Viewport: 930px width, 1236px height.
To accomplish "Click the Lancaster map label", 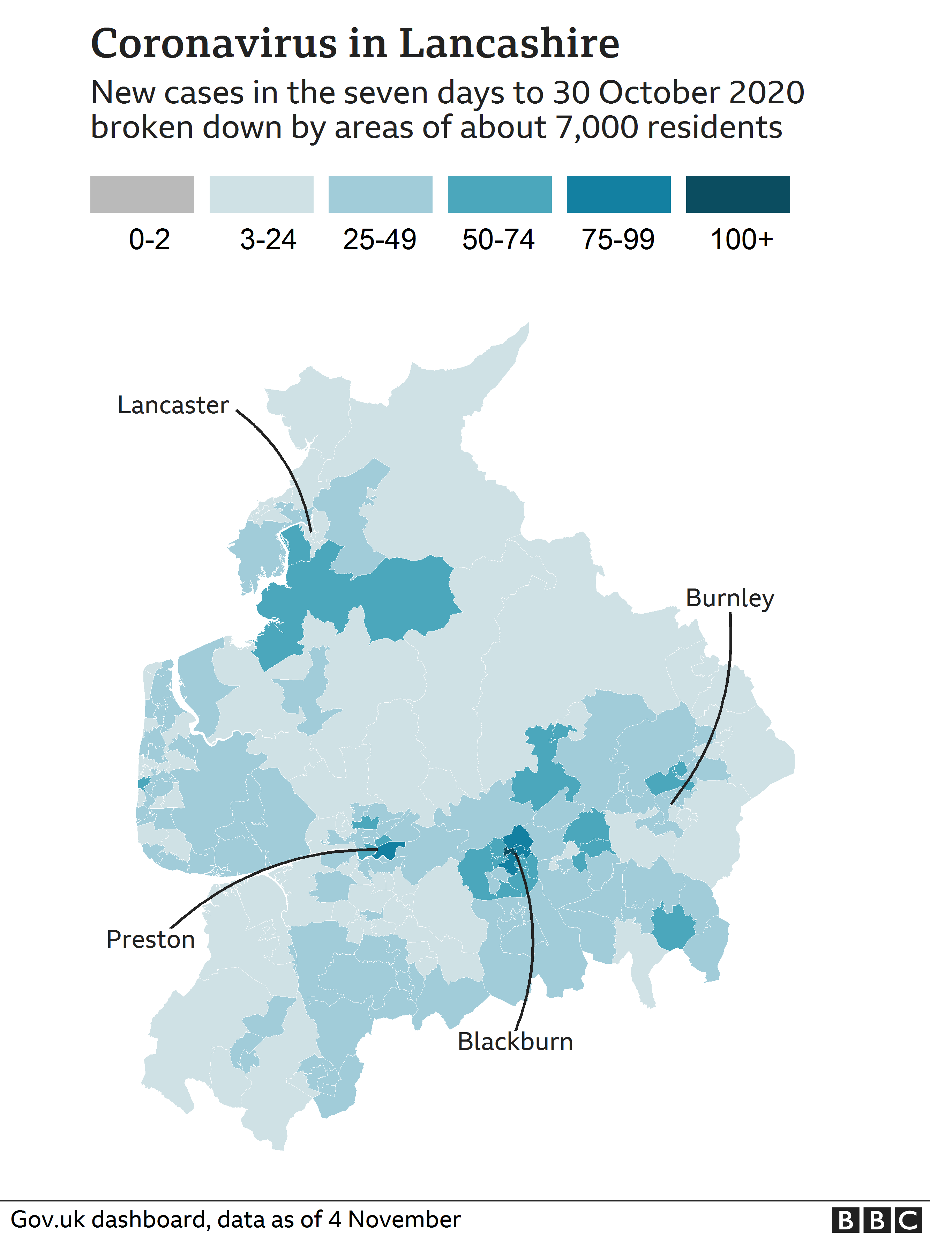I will [173, 406].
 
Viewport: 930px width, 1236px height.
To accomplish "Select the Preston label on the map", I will [150, 940].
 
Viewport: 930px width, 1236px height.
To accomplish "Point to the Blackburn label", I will [515, 1042].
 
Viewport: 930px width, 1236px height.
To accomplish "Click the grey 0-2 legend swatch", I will [142, 194].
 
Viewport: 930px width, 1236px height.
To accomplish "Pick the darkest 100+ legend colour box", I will [737, 194].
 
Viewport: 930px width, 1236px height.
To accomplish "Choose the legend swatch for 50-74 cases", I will [499, 194].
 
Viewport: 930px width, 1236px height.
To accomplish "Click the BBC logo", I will [876, 1220].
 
